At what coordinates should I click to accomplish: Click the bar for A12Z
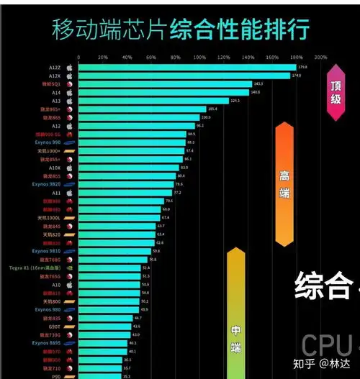click(186, 68)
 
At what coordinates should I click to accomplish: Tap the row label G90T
click(55, 326)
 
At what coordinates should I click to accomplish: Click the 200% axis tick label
click(321, 57)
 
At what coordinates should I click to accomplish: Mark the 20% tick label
click(102, 57)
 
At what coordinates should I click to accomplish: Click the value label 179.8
click(302, 68)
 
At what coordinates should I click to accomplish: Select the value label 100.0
click(205, 117)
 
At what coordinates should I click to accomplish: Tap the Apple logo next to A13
click(70, 101)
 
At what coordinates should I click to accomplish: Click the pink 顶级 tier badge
click(335, 92)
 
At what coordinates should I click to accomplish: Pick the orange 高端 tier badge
click(284, 183)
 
